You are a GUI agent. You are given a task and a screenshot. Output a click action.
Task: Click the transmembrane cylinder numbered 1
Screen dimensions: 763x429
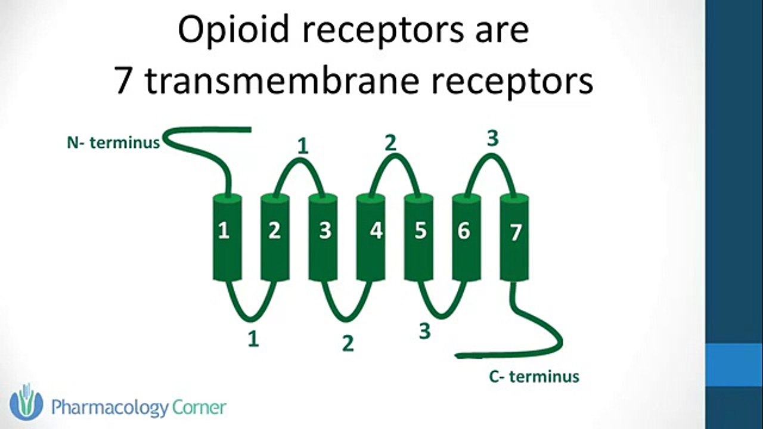227,238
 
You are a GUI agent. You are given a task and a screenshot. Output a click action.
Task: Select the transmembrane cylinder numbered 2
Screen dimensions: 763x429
275,238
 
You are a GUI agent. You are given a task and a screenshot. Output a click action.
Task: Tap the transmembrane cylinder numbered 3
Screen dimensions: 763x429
323,238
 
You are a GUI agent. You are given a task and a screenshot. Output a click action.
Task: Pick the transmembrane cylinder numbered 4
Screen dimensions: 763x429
371,238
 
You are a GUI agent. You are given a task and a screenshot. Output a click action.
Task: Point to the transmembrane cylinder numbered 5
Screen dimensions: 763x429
418,238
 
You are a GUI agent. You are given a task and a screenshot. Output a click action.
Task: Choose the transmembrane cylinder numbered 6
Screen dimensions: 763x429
467,238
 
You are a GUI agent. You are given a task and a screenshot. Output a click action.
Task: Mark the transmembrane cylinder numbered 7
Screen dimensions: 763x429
514,238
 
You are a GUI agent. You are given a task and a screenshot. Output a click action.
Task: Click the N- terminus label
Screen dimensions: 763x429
113,142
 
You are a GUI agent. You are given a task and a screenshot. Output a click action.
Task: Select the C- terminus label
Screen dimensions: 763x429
534,377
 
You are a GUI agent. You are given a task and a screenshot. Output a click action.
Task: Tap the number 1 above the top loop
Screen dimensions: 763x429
303,147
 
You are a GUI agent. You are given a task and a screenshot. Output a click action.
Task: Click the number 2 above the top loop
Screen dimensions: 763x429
390,143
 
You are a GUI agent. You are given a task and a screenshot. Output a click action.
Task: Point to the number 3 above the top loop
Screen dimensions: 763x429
493,138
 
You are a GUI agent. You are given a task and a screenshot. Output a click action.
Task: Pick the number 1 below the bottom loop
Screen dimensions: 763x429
253,339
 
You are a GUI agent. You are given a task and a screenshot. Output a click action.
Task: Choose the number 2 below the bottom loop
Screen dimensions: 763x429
348,343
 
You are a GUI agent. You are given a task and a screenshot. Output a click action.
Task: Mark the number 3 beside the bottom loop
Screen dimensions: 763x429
425,331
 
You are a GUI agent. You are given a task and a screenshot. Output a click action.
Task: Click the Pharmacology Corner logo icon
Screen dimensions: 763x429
26,402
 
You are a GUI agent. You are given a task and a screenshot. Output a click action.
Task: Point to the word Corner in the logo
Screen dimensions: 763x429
199,407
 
